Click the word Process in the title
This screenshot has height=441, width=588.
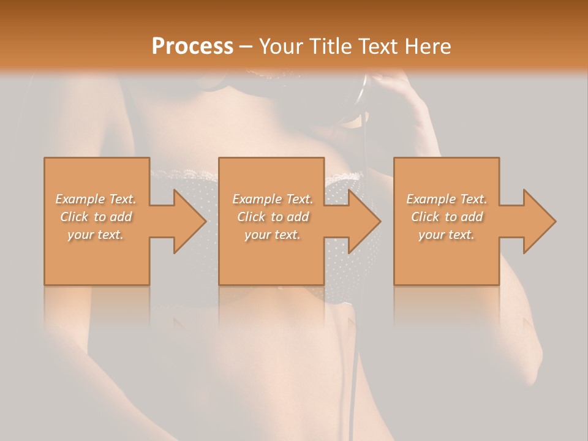192,47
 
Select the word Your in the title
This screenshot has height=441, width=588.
280,47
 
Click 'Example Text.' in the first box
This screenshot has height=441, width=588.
96,199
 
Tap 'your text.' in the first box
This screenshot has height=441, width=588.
96,235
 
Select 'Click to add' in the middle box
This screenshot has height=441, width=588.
273,217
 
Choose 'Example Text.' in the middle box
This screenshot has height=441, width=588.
273,199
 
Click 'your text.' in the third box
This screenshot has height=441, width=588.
447,235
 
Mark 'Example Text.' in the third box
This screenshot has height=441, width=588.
447,199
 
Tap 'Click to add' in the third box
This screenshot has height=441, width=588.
447,217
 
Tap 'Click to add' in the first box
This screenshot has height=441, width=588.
96,217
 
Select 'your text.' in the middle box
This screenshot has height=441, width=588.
273,235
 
